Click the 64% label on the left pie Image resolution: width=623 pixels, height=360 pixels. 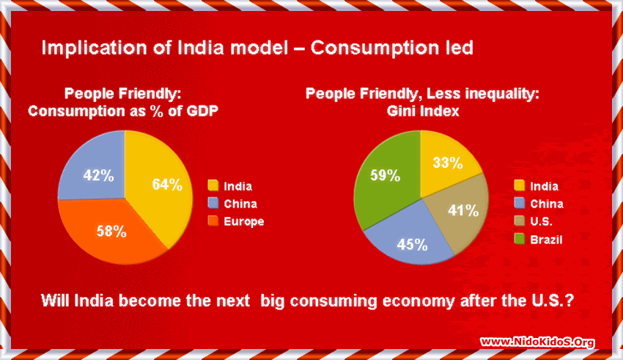click(167, 184)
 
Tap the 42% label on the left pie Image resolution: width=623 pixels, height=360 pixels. click(97, 176)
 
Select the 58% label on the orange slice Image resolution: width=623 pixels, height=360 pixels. click(111, 231)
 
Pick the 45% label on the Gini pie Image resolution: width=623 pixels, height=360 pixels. click(411, 243)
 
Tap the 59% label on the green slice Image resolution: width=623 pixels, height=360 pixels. click(385, 175)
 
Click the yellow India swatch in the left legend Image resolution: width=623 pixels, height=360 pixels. click(213, 186)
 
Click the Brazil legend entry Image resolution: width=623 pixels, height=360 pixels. click(546, 239)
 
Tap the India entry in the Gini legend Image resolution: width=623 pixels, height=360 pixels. click(544, 186)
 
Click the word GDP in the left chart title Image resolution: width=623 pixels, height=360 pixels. click(203, 111)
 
